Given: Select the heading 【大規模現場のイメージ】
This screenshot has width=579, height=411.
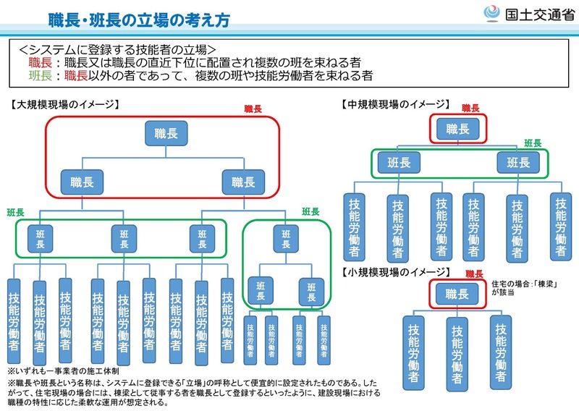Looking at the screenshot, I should tap(64, 104).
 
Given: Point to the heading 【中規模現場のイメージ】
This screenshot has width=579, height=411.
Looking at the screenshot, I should tap(395, 104).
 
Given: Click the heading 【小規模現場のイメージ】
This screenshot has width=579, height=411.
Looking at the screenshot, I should tap(395, 272).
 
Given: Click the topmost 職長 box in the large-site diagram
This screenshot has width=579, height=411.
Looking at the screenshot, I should tap(166, 133).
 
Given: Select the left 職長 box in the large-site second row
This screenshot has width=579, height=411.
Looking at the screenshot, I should tap(81, 180).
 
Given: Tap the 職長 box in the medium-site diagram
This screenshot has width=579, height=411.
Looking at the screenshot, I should tap(457, 129).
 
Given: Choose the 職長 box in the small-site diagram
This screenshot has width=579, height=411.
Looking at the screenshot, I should tap(457, 294).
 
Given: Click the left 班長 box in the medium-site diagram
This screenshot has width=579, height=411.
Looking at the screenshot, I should tap(400, 162).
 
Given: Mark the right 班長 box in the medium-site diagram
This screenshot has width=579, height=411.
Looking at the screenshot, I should tap(517, 162).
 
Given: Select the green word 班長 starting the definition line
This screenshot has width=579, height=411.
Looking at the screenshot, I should tap(39, 75).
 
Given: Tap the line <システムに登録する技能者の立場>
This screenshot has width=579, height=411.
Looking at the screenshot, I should tap(117, 50).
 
